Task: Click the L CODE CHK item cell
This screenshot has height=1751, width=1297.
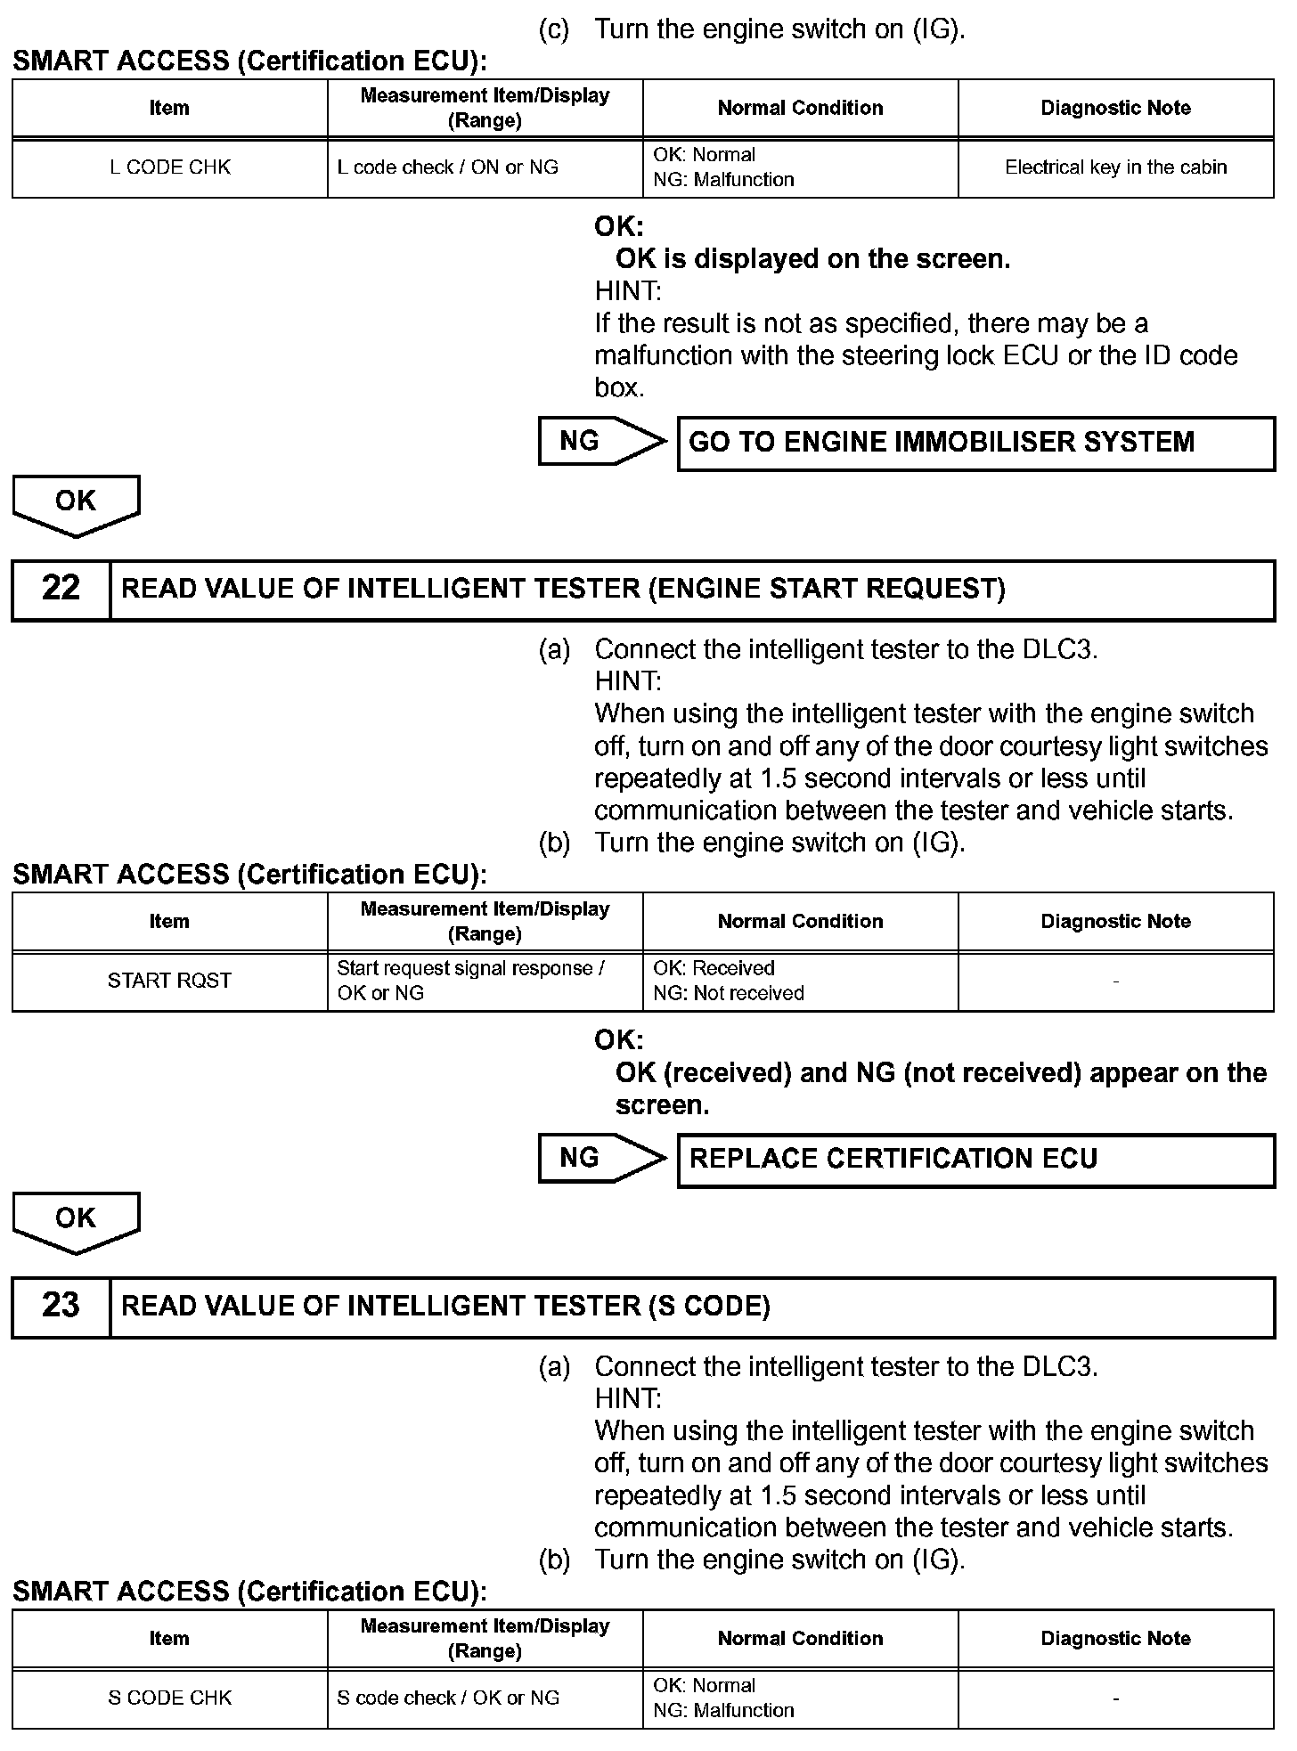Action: (x=170, y=167)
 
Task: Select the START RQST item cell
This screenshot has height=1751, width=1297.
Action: (x=170, y=981)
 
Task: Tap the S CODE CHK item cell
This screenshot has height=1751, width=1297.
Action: (x=170, y=1698)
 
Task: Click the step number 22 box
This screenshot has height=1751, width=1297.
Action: (x=61, y=589)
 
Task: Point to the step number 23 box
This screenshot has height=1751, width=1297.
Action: (x=61, y=1306)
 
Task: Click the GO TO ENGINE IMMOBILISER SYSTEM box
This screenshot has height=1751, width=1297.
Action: (x=975, y=443)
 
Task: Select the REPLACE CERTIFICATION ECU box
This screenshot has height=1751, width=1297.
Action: (x=975, y=1159)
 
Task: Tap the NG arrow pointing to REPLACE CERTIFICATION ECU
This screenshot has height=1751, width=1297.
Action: (x=601, y=1159)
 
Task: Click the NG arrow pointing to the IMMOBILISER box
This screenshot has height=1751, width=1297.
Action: (x=601, y=442)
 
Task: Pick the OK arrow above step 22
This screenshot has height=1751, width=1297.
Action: (x=76, y=504)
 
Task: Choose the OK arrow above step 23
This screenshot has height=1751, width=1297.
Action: (x=76, y=1221)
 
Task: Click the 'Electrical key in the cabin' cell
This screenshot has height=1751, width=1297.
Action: (x=1115, y=167)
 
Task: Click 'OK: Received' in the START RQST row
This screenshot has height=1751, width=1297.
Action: (x=714, y=968)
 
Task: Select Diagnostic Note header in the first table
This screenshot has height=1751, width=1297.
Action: (x=1115, y=108)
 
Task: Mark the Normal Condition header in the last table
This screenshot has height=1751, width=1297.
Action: (x=800, y=1638)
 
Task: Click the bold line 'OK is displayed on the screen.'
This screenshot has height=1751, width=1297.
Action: (x=812, y=259)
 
